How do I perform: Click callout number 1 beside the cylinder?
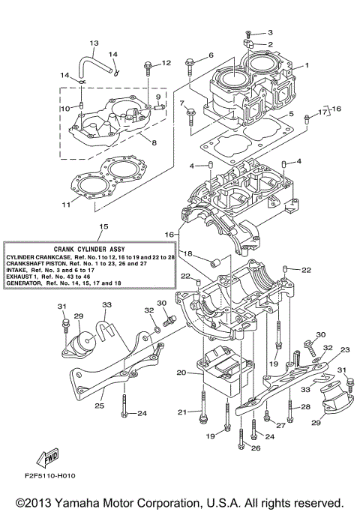305,66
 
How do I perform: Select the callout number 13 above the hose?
94,43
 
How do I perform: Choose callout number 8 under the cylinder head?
153,142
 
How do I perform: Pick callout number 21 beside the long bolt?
180,412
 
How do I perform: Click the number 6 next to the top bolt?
211,55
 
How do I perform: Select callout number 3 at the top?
270,32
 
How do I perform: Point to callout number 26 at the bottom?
255,448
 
